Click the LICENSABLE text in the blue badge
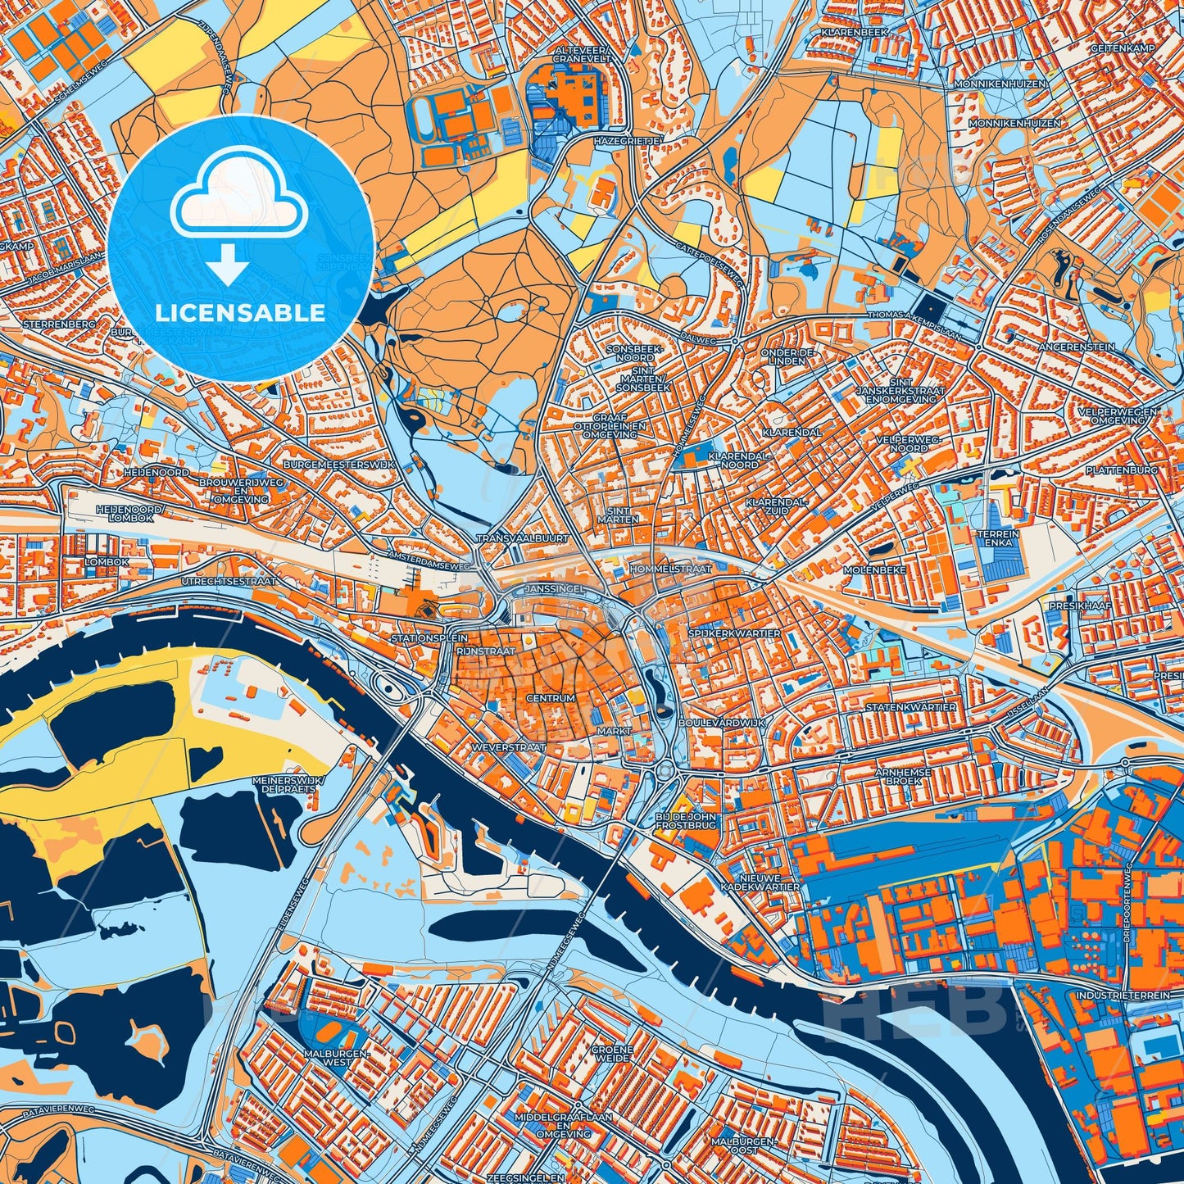click(x=240, y=313)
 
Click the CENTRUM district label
click(x=551, y=698)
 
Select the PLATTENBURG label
click(x=1122, y=470)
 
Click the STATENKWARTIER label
click(x=911, y=706)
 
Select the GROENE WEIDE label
click(x=612, y=1054)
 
